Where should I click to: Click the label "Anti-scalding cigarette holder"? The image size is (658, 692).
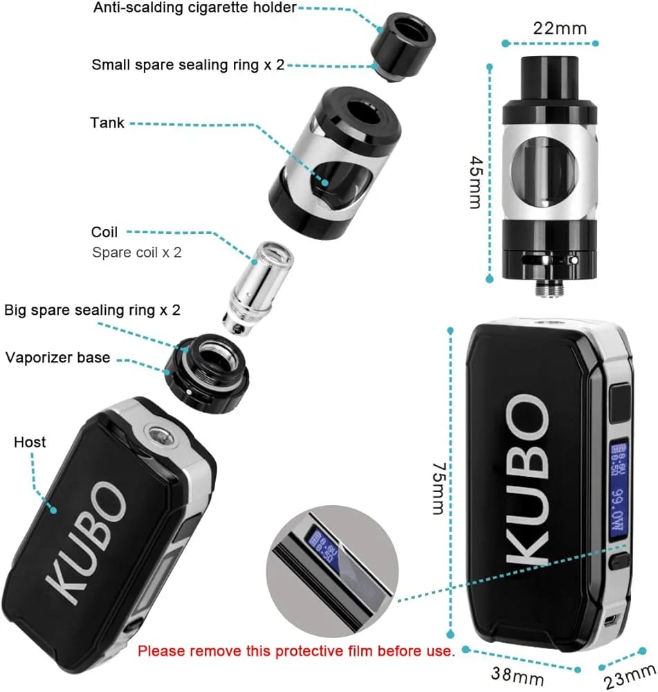184,8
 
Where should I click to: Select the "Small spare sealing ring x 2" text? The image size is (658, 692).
188,65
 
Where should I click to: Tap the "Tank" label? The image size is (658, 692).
107,123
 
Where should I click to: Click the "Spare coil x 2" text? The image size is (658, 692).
137,253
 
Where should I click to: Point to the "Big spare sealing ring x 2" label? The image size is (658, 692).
93,309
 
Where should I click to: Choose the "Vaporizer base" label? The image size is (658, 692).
58,358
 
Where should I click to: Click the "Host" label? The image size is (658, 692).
30,441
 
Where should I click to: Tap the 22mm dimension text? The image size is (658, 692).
560,28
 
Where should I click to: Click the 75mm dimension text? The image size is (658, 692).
437,489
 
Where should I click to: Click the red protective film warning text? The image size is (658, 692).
296,650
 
